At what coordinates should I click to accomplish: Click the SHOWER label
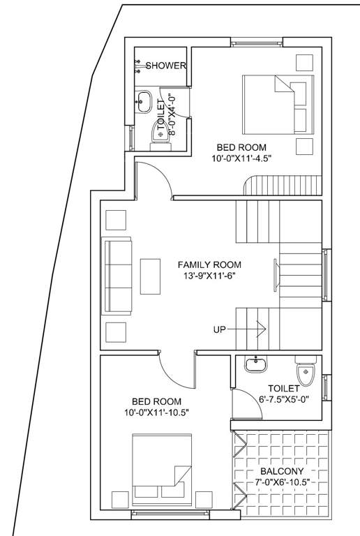click(165, 66)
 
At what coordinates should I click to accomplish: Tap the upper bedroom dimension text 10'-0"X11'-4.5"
click(243, 158)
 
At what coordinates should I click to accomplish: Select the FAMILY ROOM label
click(209, 265)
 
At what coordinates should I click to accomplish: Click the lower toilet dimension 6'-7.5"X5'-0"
click(283, 399)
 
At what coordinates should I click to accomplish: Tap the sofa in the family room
click(117, 277)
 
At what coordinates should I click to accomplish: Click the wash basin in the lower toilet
click(256, 363)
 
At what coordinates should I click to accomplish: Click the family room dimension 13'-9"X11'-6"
click(209, 276)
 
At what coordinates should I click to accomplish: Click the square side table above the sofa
click(114, 220)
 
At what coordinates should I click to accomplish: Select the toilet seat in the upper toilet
click(160, 135)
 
